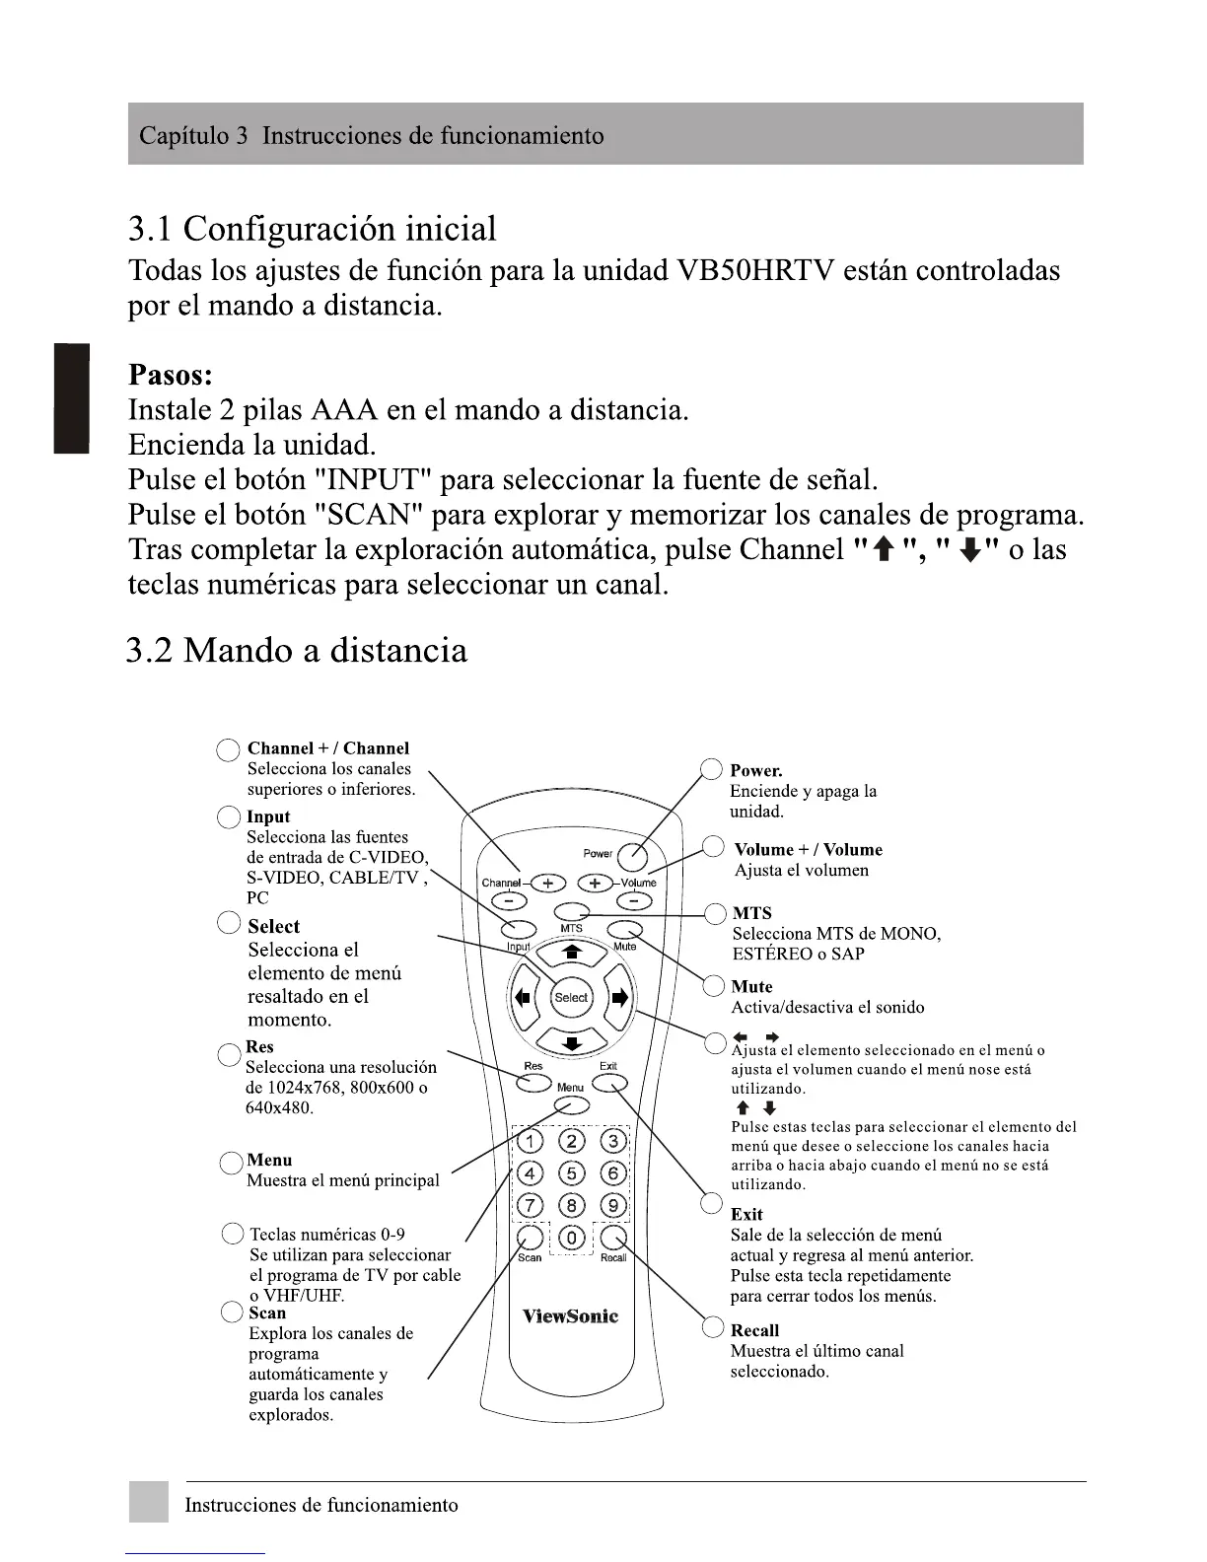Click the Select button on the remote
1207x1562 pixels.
coord(571,997)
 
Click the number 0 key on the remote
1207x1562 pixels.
coord(572,1238)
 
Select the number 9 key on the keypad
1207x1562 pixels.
coord(613,1205)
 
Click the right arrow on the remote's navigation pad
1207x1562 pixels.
coord(619,997)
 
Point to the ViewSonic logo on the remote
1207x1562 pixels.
coord(570,1316)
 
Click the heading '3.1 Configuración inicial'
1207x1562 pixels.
coord(313,229)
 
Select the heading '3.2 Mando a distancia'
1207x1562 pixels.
coord(297,651)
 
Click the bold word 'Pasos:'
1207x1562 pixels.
coord(171,376)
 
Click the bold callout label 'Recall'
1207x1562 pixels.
coord(754,1330)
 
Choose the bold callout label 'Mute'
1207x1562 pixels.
coord(751,987)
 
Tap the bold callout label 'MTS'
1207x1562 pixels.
coord(751,913)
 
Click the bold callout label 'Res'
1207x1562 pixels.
coord(259,1047)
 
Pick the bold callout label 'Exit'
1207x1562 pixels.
coord(746,1215)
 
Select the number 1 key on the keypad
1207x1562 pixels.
coord(530,1142)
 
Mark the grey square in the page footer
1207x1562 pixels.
coord(148,1502)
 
